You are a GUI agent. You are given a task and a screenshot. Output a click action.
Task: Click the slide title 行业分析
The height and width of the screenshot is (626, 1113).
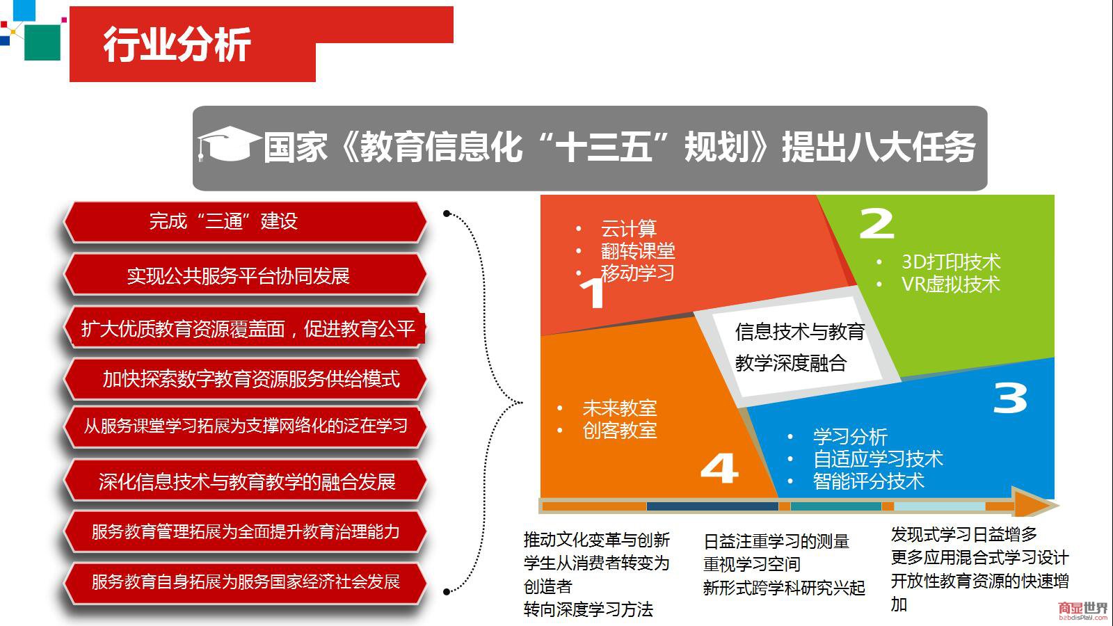click(177, 45)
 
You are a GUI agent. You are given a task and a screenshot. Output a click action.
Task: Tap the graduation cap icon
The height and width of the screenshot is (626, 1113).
click(229, 144)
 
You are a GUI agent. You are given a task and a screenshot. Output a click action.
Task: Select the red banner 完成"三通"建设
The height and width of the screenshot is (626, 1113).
click(245, 222)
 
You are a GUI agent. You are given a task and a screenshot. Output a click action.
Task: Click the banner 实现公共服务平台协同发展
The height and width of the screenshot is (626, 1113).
click(245, 275)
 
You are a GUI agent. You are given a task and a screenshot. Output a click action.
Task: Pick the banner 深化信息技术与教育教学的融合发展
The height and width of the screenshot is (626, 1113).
click(245, 481)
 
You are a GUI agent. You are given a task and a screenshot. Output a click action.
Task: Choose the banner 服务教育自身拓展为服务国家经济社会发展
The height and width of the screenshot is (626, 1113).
click(245, 581)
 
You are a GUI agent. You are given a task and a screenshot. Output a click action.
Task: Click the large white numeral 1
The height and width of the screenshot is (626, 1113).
click(593, 292)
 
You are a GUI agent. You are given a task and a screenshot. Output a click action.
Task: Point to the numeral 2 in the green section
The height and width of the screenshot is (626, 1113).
click(876, 223)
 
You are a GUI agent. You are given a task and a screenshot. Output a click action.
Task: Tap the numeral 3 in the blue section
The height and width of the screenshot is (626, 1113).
click(1010, 398)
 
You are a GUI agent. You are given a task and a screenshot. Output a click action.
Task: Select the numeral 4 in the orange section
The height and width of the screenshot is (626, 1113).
click(719, 467)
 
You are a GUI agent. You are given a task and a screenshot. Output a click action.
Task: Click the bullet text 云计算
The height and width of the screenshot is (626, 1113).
click(629, 229)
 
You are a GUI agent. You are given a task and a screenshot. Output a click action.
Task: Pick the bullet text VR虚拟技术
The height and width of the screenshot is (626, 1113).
click(950, 284)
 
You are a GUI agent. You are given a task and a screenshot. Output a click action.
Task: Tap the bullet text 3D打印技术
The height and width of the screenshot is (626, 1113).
click(951, 262)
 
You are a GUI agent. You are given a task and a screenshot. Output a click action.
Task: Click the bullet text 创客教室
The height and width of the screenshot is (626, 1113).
click(620, 431)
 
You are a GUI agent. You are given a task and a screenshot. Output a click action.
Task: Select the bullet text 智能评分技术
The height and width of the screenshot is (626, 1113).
click(869, 481)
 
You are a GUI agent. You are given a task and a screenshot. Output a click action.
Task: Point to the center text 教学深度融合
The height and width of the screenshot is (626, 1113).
click(791, 363)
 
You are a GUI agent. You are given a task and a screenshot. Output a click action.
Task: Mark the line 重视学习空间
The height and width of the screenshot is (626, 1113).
click(752, 564)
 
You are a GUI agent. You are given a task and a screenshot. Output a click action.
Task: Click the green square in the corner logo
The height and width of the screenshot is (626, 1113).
click(42, 42)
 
